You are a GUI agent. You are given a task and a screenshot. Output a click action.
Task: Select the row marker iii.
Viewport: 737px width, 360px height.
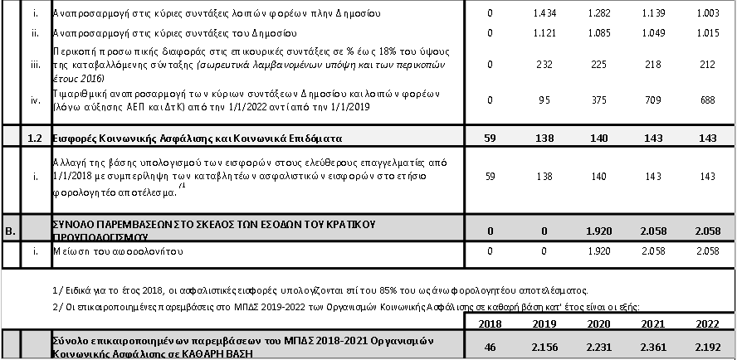36,64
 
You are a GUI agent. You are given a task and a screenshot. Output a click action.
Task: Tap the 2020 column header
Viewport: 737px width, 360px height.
598,322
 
